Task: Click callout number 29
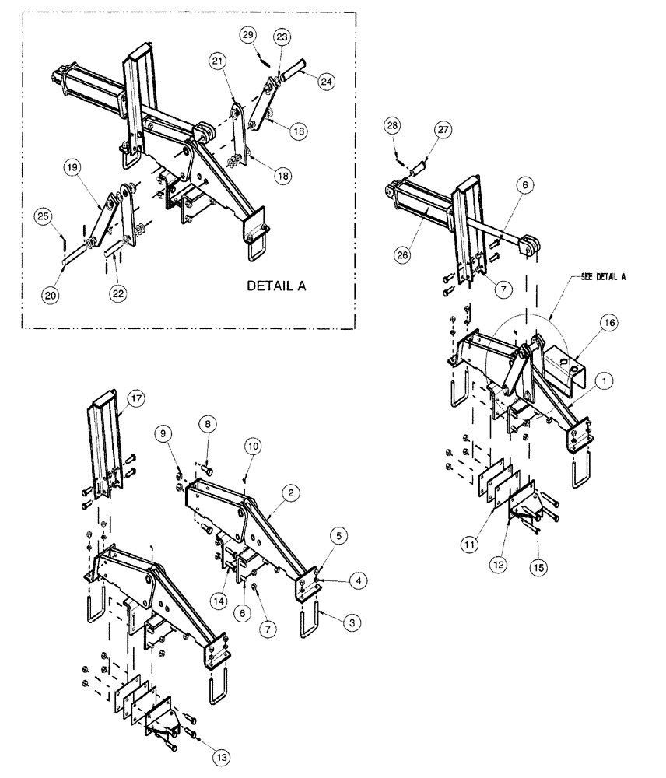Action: coord(247,37)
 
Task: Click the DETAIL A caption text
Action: coord(276,286)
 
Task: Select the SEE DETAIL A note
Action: coord(604,276)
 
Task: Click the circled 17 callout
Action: coord(138,401)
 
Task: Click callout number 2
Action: coord(289,492)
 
